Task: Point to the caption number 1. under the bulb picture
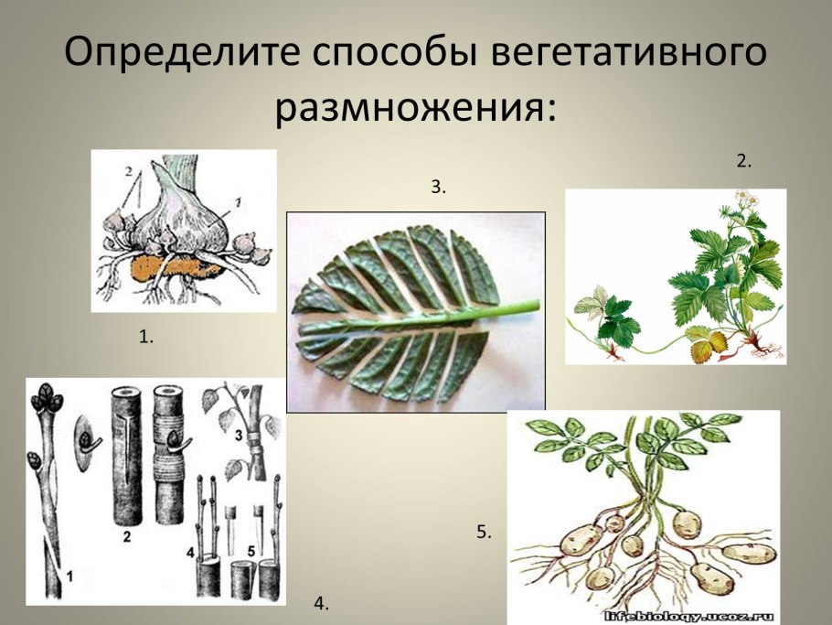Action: point(145,337)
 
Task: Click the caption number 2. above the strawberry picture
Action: point(743,161)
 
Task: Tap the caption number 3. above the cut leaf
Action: point(438,187)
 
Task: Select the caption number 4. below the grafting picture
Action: point(320,602)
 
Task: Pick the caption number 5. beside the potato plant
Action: point(484,532)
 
